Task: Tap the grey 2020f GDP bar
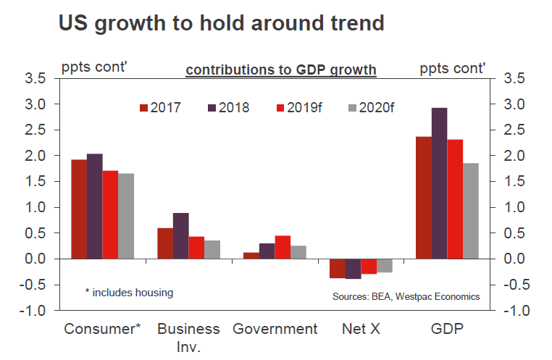click(471, 211)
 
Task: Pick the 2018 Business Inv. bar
click(180, 235)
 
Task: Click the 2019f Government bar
click(283, 247)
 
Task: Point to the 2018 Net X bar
click(354, 269)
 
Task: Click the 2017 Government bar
click(251, 255)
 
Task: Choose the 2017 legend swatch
click(144, 108)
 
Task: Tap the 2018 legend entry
click(228, 108)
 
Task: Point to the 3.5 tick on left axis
click(36, 78)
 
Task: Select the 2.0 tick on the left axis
click(36, 156)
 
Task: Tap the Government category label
click(275, 329)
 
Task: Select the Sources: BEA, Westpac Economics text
click(406, 296)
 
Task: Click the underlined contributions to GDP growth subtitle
click(281, 70)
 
